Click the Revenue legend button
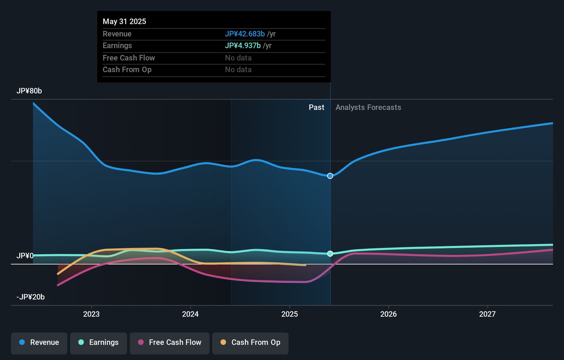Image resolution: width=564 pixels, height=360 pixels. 39,343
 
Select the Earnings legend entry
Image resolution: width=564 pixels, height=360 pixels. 98,343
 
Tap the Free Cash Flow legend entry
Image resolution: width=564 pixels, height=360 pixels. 170,343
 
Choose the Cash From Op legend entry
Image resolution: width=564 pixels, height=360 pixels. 250,343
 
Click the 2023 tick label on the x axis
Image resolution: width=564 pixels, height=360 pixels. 91,314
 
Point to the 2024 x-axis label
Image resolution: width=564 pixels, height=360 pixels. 190,314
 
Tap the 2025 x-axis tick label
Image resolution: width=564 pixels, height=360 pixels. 289,314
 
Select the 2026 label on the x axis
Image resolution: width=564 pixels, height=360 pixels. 388,314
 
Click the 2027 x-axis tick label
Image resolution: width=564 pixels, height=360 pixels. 487,314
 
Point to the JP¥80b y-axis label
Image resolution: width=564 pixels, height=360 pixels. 29,91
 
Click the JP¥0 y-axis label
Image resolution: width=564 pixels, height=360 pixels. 25,256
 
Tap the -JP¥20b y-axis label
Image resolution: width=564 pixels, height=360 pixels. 31,297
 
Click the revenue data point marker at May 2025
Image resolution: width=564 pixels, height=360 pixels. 330,176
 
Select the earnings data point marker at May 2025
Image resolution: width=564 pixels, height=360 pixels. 330,254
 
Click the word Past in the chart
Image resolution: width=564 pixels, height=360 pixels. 316,107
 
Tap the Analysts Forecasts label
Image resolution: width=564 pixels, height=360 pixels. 368,107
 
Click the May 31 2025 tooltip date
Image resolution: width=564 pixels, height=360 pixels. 124,22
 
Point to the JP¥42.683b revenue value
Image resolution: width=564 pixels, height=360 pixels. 245,34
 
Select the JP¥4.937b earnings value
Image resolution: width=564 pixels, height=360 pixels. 243,46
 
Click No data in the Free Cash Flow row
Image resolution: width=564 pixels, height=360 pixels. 238,58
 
